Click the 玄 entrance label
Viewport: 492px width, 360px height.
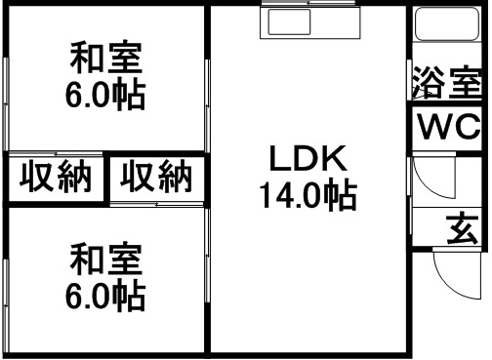pos(463,230)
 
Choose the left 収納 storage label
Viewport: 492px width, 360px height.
pos(57,178)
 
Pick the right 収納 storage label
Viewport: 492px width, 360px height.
pos(156,178)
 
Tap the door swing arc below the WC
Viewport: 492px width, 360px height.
pos(430,185)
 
